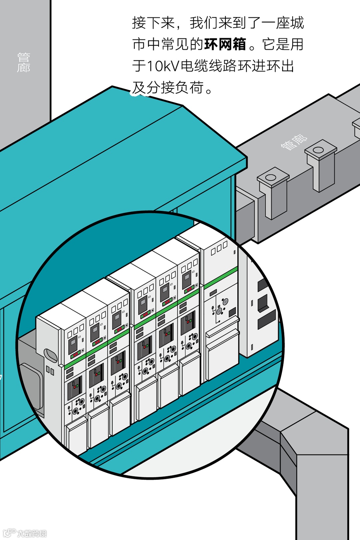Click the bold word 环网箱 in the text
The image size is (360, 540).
225,44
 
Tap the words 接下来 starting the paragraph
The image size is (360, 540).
153,23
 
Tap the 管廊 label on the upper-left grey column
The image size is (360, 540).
24,62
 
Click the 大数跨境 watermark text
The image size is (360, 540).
32,533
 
